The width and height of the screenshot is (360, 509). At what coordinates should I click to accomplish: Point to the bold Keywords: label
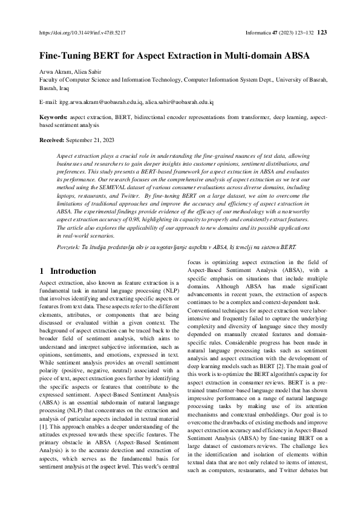53,117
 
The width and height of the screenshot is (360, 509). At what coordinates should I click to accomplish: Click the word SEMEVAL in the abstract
113,188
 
